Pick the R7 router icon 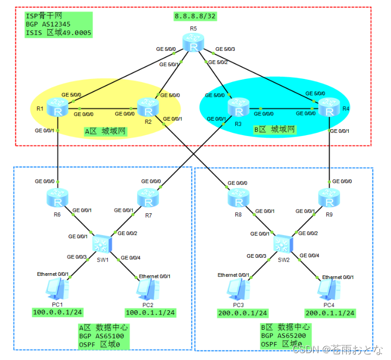tap(148, 199)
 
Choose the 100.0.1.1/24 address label tap(150, 313)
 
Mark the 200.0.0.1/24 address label tap(243, 313)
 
